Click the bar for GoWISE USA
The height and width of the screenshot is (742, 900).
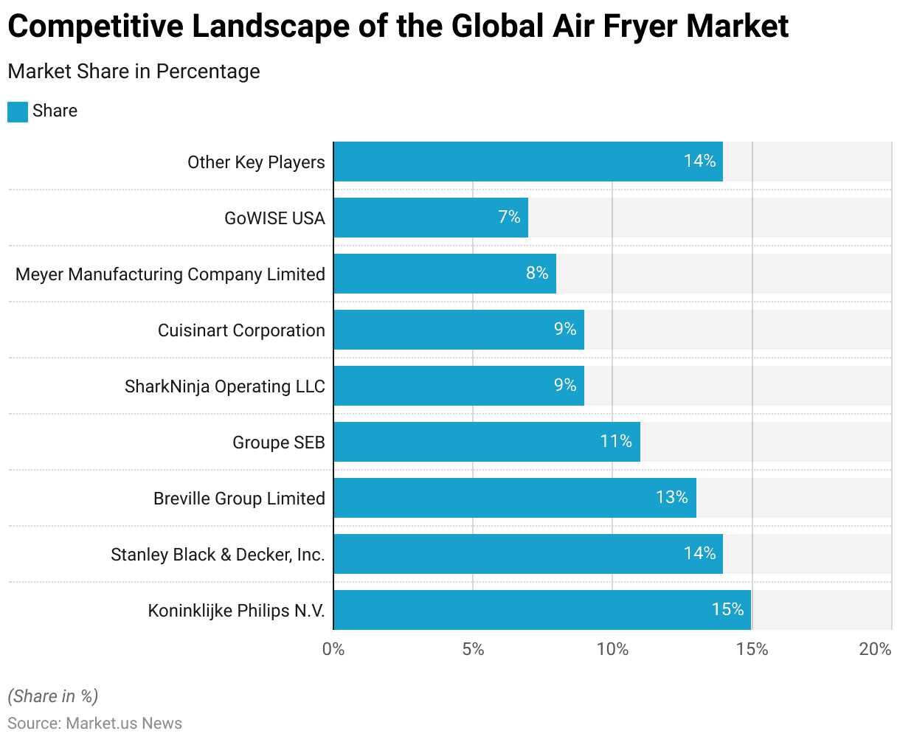pyautogui.click(x=431, y=218)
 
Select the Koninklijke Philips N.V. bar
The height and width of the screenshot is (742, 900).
pyautogui.click(x=542, y=610)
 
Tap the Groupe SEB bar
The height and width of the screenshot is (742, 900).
pyautogui.click(x=487, y=442)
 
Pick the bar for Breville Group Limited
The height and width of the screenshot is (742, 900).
pyautogui.click(x=515, y=498)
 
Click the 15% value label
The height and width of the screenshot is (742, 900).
pyautogui.click(x=727, y=609)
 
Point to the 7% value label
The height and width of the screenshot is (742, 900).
pyautogui.click(x=509, y=217)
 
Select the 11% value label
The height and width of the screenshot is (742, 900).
pyautogui.click(x=616, y=441)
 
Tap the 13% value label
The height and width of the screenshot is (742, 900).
pyautogui.click(x=671, y=497)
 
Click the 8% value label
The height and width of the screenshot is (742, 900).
pyautogui.click(x=537, y=273)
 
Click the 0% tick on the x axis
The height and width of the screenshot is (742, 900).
pyautogui.click(x=333, y=649)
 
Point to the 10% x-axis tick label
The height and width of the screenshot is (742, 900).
pyautogui.click(x=612, y=649)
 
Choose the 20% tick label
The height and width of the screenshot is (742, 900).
pyautogui.click(x=876, y=649)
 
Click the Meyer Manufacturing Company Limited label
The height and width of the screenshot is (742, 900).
pyautogui.click(x=170, y=274)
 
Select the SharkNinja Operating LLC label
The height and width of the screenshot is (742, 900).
pyautogui.click(x=225, y=386)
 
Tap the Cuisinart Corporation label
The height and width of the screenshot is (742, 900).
pyautogui.click(x=241, y=330)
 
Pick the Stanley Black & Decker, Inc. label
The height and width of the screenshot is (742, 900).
pyautogui.click(x=218, y=555)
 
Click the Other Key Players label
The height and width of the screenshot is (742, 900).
pyautogui.click(x=256, y=162)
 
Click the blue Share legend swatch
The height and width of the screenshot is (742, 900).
pyautogui.click(x=18, y=111)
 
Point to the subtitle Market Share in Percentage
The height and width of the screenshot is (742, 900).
pyautogui.click(x=134, y=72)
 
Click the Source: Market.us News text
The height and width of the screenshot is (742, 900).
pyautogui.click(x=94, y=723)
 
